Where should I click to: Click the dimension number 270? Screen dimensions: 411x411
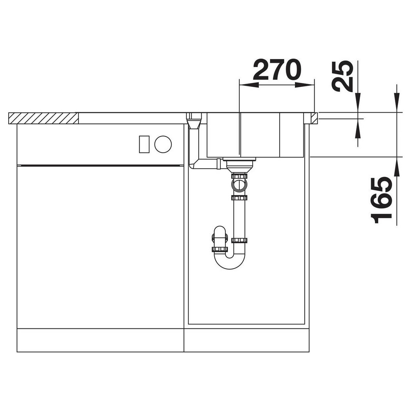[277, 69]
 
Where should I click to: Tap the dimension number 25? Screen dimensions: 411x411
[342, 76]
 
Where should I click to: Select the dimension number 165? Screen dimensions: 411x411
[381, 200]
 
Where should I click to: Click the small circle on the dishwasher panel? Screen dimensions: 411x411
[163, 144]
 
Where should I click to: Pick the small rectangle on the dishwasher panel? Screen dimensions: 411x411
[144, 144]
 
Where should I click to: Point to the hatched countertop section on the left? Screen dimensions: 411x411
[43, 118]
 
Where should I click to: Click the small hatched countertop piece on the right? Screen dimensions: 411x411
[314, 118]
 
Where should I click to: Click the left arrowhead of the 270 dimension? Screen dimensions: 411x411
[249, 85]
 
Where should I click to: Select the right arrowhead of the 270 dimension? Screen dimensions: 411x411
[304, 85]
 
